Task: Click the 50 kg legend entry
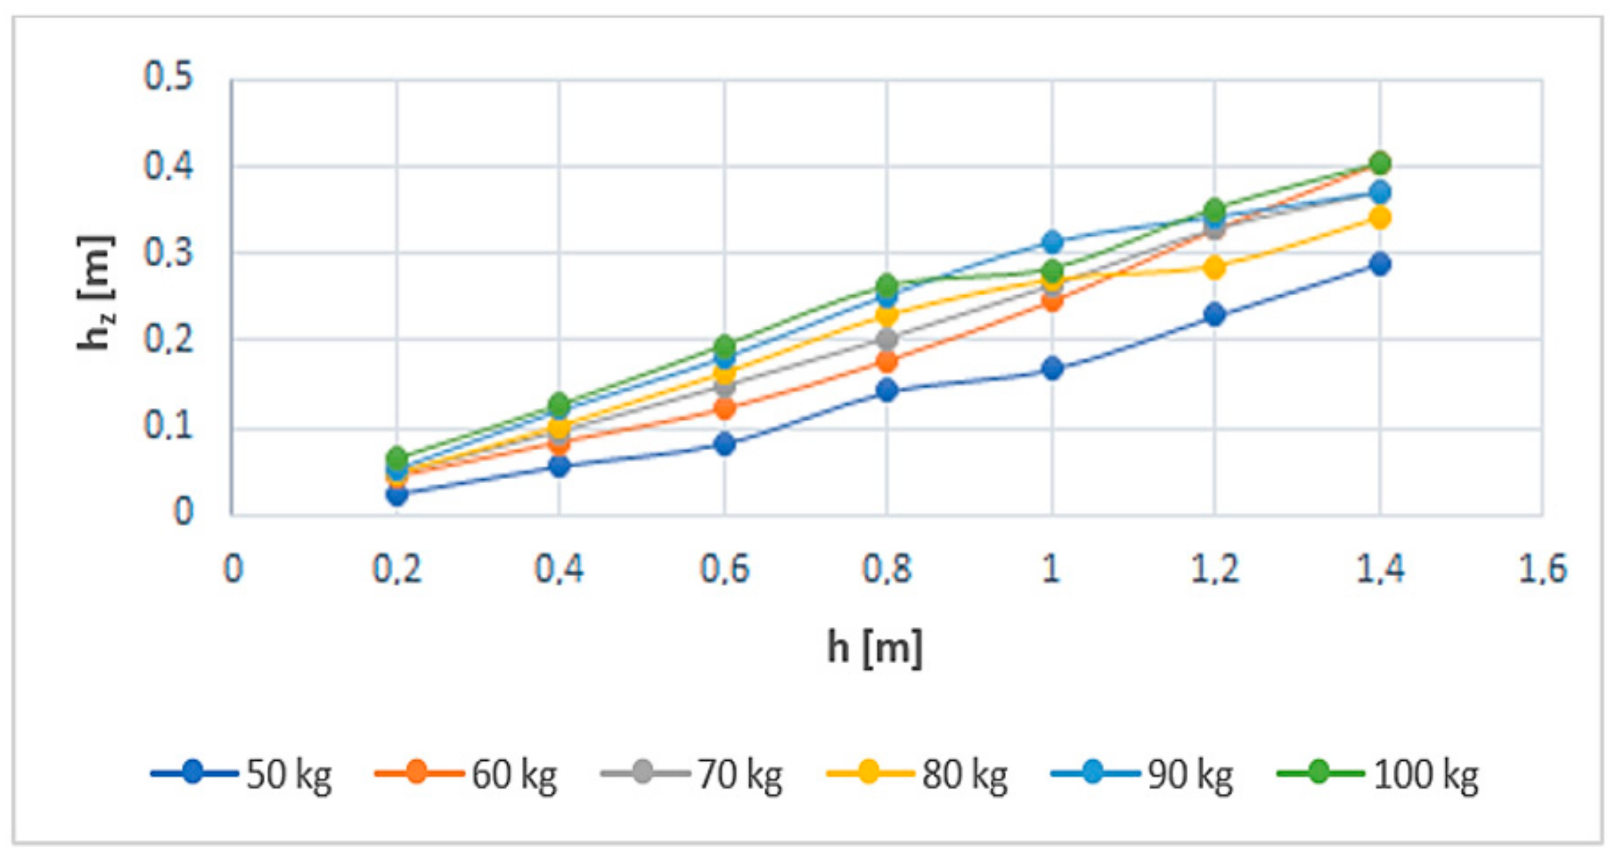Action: click(x=241, y=774)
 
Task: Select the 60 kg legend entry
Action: click(x=466, y=774)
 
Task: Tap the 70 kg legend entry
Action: click(x=691, y=774)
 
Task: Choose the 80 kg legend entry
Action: click(x=917, y=774)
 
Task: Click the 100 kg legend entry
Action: click(x=1377, y=774)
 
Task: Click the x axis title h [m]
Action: click(x=875, y=647)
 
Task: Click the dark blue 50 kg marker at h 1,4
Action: click(x=1379, y=264)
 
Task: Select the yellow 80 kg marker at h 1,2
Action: click(x=1214, y=268)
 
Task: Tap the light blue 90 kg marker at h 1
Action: click(x=1053, y=241)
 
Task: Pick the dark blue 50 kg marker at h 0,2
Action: click(x=396, y=495)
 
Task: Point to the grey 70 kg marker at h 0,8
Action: click(x=887, y=339)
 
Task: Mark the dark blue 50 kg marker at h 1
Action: click(x=1052, y=369)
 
